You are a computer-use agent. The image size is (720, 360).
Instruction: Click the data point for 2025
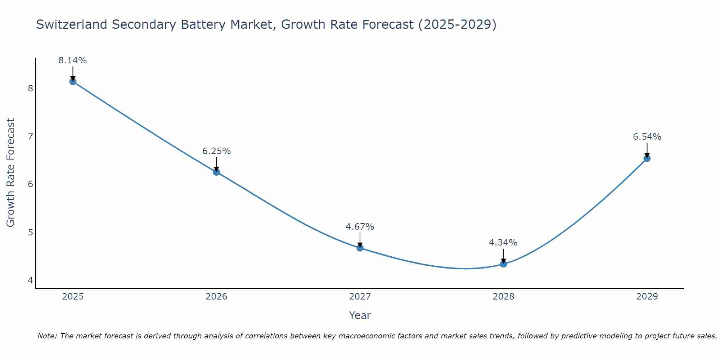click(73, 81)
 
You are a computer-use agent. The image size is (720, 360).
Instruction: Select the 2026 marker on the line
click(216, 172)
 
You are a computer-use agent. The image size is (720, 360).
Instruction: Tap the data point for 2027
click(360, 248)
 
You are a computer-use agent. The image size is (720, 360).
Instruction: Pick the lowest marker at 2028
click(503, 264)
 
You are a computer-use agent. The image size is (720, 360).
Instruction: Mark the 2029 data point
click(647, 158)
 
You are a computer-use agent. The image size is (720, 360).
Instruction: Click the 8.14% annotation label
click(73, 60)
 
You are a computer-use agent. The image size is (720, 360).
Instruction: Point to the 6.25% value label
click(216, 151)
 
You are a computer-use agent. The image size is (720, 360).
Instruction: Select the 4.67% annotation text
click(360, 227)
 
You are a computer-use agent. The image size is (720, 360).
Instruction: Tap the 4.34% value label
click(503, 243)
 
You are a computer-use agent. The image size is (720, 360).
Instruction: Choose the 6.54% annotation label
click(647, 137)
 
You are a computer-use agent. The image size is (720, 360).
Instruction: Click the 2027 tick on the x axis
click(360, 297)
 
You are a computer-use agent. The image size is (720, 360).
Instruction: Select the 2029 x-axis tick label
click(647, 297)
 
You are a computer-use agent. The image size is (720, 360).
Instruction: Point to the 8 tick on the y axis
click(30, 88)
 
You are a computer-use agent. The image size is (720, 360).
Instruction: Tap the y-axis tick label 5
click(30, 232)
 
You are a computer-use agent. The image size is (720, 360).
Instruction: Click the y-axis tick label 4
click(30, 280)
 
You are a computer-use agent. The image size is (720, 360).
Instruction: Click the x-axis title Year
click(360, 315)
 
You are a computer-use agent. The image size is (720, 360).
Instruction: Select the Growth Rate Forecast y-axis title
click(11, 173)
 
